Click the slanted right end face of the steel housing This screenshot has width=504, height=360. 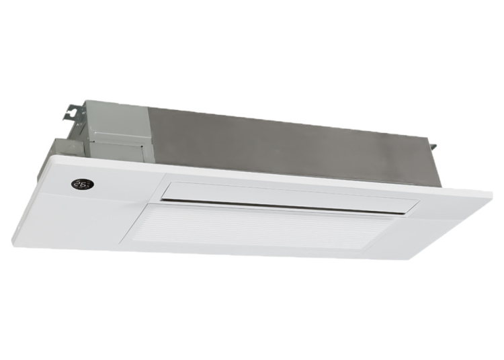click(430, 161)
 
